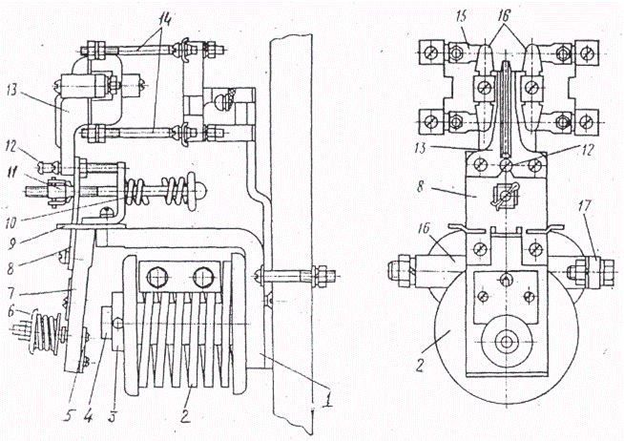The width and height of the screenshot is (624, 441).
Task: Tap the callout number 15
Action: tap(463, 17)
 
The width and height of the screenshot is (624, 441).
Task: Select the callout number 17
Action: tap(585, 207)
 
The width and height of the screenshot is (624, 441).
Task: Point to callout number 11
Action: tap(12, 173)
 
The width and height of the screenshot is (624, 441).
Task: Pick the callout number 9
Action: tap(12, 243)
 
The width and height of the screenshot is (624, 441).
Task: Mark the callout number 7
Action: tap(11, 294)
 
